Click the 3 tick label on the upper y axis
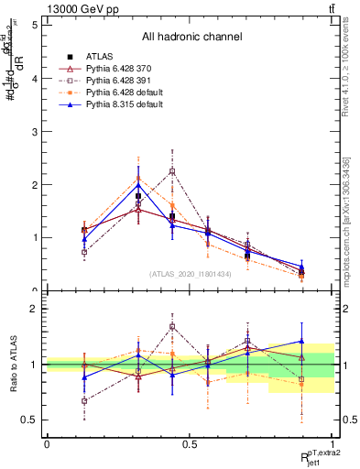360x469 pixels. [x=34, y=131]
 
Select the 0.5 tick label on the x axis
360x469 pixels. [x=190, y=442]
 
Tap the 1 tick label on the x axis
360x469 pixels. [x=333, y=442]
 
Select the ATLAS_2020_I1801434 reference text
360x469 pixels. [x=190, y=274]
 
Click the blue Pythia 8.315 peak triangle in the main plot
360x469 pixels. [x=139, y=184]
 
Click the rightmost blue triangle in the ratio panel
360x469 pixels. [x=302, y=341]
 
